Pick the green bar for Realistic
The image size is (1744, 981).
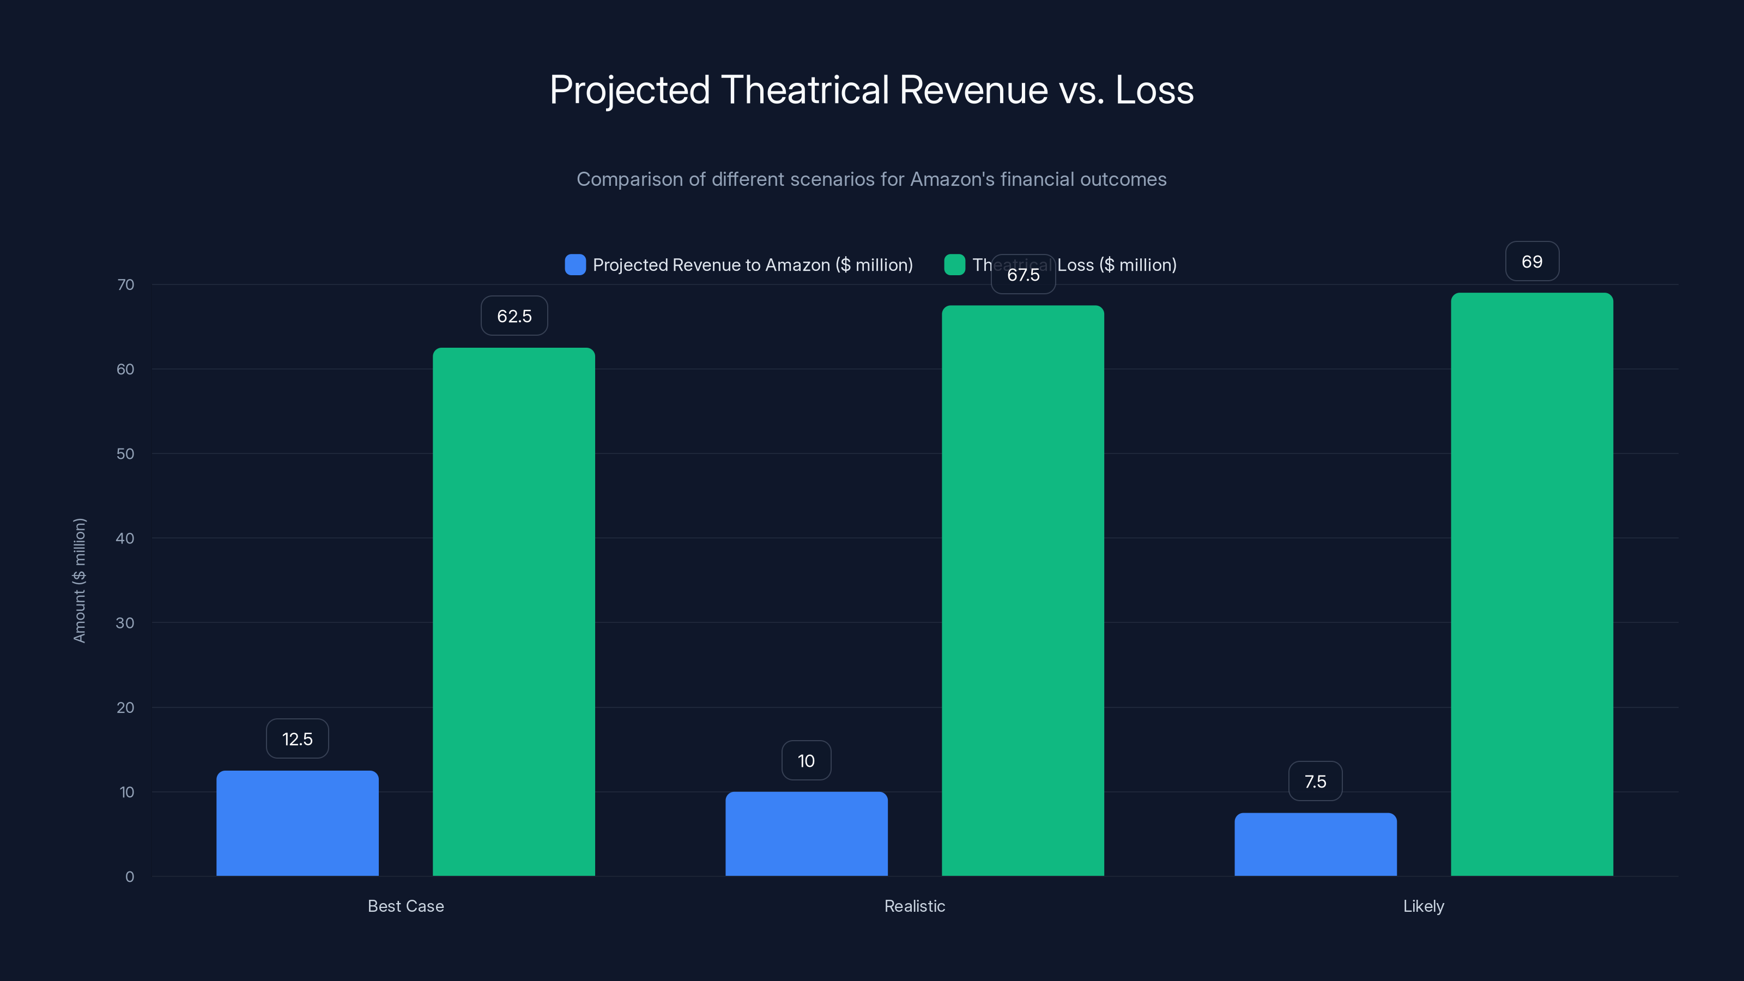pos(1023,590)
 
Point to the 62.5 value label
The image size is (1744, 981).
pos(514,316)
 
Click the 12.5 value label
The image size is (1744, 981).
pos(297,738)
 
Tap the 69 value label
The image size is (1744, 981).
pos(1532,262)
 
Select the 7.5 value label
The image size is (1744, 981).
pos(1316,782)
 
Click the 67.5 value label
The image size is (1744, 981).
pos(1023,274)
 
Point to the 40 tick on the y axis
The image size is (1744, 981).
pos(125,538)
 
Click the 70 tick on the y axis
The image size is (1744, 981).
pos(125,284)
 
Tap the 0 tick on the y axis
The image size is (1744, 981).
pos(129,877)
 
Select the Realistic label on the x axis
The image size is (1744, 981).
pos(915,906)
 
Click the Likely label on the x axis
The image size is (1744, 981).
pos(1423,906)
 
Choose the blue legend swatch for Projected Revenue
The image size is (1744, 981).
pos(575,265)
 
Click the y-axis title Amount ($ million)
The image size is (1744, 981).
pos(79,580)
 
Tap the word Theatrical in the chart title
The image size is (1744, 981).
pos(804,90)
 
